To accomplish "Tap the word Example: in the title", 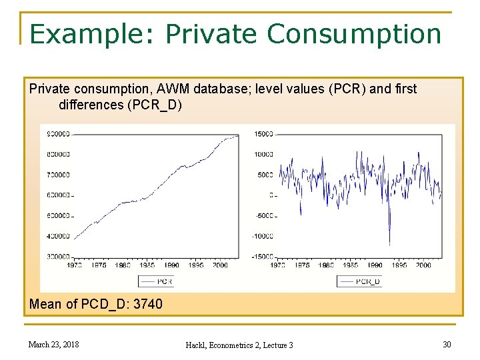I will coord(93,33).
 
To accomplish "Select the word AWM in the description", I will coord(175,89).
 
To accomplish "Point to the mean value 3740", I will coord(147,304).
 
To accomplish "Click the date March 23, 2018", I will coord(53,344).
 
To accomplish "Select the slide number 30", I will coord(446,344).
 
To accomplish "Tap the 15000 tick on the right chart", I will coord(263,134).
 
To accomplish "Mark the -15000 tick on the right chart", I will coord(262,257).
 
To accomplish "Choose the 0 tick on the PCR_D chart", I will coord(271,195).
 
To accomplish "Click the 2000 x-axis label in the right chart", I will coord(423,265).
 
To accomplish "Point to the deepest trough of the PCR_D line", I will coord(390,244).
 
